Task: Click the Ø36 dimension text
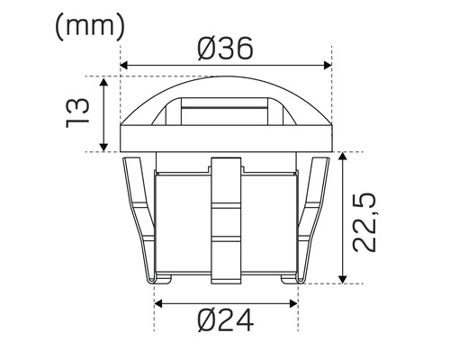pos(226,49)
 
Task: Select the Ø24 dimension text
pos(225,319)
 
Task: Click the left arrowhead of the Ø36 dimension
pos(125,66)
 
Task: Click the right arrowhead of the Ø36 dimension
pos(325,66)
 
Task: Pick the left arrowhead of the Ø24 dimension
pos(159,303)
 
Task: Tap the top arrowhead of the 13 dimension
pos(107,84)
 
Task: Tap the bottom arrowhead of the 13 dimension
pos(107,146)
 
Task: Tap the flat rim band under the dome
pos(225,141)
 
